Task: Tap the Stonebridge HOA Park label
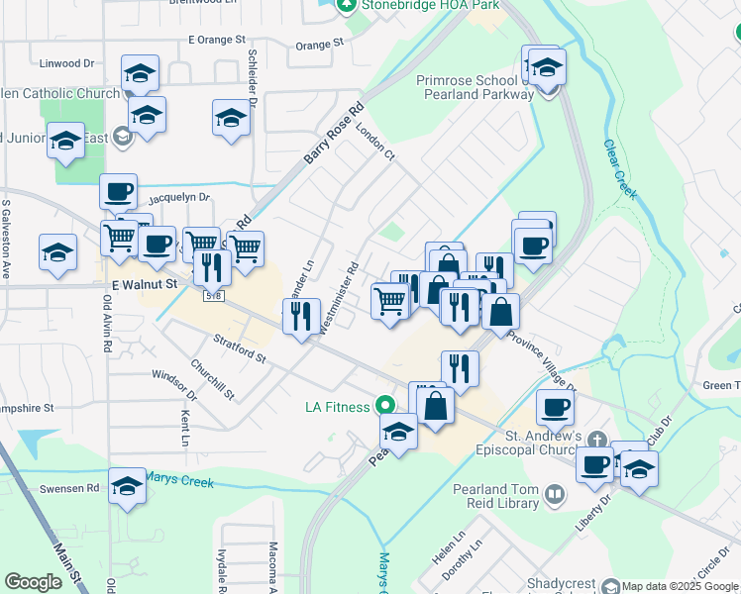pos(415,6)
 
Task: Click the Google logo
pos(34,582)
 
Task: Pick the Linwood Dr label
pos(66,62)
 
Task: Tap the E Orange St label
pos(216,40)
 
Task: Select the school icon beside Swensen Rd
pos(127,486)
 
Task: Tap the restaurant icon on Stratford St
pos(301,317)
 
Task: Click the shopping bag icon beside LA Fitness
pos(435,406)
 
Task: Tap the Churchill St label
pos(215,380)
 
